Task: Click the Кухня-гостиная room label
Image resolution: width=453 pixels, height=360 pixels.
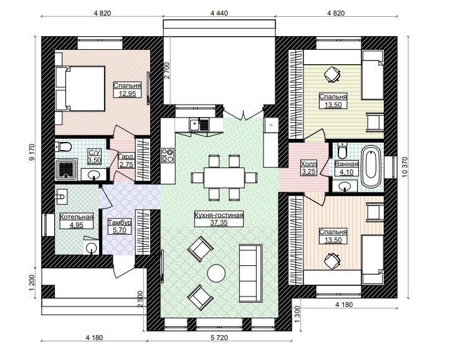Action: pyautogui.click(x=219, y=216)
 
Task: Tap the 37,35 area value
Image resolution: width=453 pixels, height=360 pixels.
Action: pyautogui.click(x=219, y=222)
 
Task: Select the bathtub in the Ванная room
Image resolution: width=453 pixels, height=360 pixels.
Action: pyautogui.click(x=371, y=166)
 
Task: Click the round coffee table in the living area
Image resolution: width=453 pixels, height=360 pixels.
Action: pyautogui.click(x=216, y=273)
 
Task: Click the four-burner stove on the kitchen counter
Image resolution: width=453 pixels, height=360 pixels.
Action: pyautogui.click(x=168, y=155)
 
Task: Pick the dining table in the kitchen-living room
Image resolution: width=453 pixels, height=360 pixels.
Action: pyautogui.click(x=224, y=178)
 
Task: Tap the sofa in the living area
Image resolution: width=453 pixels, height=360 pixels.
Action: pyautogui.click(x=250, y=273)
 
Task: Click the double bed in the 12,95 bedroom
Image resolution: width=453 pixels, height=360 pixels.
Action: pyautogui.click(x=80, y=88)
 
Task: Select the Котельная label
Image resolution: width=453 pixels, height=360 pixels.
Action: pyautogui.click(x=77, y=217)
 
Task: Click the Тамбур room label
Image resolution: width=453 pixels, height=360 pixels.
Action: pyautogui.click(x=120, y=222)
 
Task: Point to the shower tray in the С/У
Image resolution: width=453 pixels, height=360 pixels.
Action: pyautogui.click(x=66, y=169)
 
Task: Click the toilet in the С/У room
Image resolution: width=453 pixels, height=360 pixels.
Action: pyautogui.click(x=63, y=146)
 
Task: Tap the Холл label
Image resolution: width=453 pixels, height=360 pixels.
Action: pyautogui.click(x=308, y=164)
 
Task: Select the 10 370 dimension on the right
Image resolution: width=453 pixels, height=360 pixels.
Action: pyautogui.click(x=404, y=167)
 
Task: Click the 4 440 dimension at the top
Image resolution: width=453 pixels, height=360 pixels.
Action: pyautogui.click(x=219, y=13)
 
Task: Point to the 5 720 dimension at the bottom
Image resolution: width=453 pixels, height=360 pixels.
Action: pyautogui.click(x=219, y=338)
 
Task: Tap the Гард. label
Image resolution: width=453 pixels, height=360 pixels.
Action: pyautogui.click(x=126, y=157)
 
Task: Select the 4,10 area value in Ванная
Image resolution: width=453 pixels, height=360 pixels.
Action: pyautogui.click(x=346, y=172)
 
